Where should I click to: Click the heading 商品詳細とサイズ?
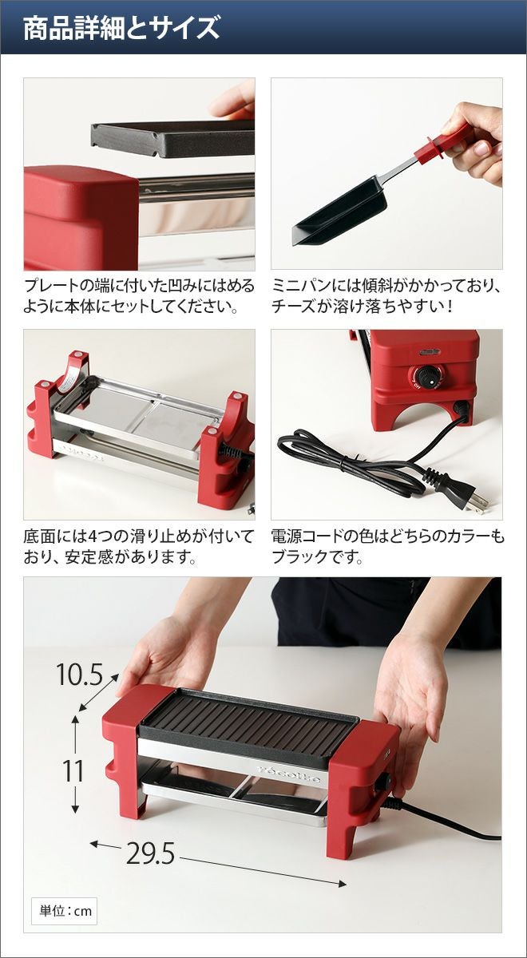pos(122,29)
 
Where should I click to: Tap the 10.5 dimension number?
pos(80,675)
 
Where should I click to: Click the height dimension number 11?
pos(73,771)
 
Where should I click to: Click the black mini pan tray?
pos(343,211)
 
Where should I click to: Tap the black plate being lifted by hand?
pos(173,137)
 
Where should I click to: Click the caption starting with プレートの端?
pos(139,296)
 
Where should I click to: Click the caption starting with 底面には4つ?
pos(139,546)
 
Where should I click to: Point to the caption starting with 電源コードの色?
pos(387,546)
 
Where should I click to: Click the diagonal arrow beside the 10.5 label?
pos(99,691)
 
